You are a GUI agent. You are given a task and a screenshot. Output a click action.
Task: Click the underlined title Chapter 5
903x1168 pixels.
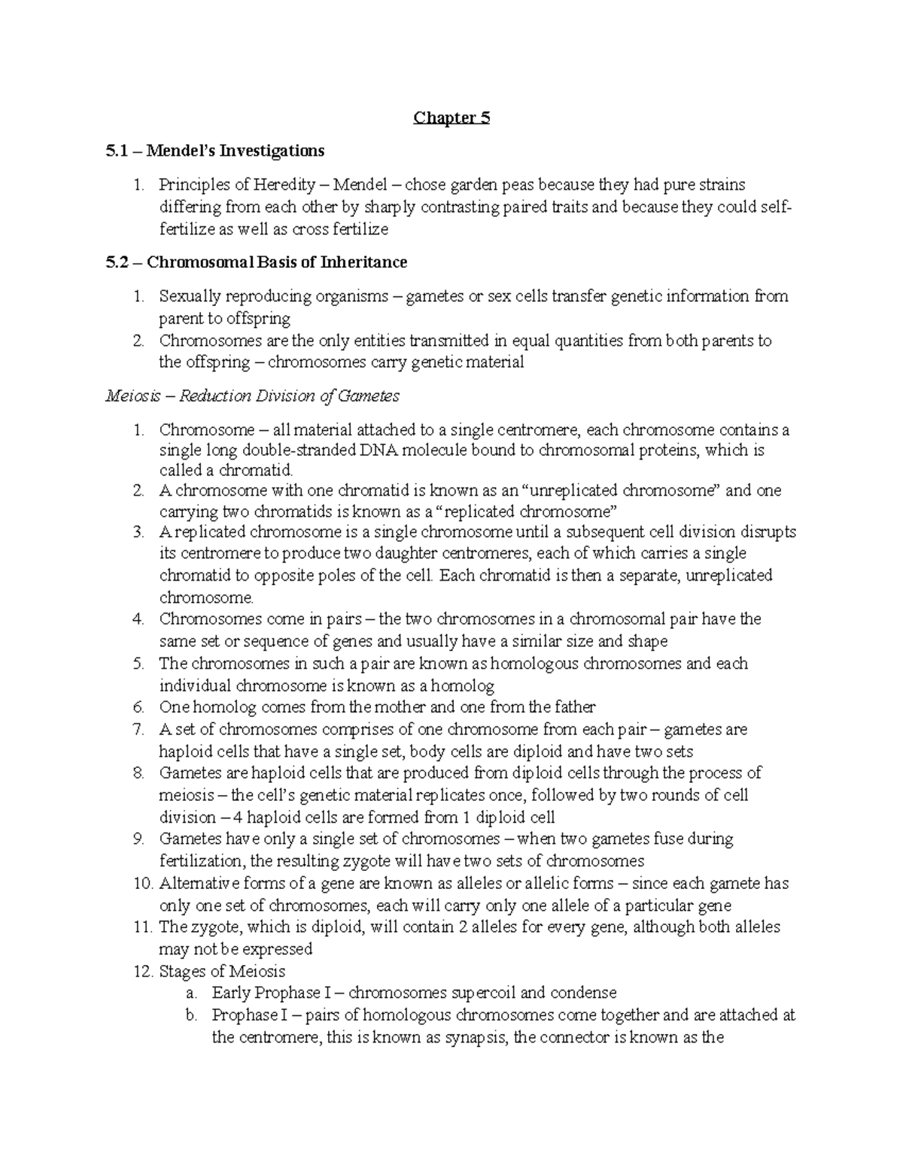451,118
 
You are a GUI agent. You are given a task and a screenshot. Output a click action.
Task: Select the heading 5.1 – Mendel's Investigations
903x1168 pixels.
215,151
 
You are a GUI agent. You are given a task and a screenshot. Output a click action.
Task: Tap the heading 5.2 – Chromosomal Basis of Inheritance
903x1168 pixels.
257,262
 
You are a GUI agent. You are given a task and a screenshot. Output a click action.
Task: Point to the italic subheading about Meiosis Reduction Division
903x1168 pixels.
252,396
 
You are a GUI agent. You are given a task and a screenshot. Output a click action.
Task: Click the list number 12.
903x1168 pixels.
142,971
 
